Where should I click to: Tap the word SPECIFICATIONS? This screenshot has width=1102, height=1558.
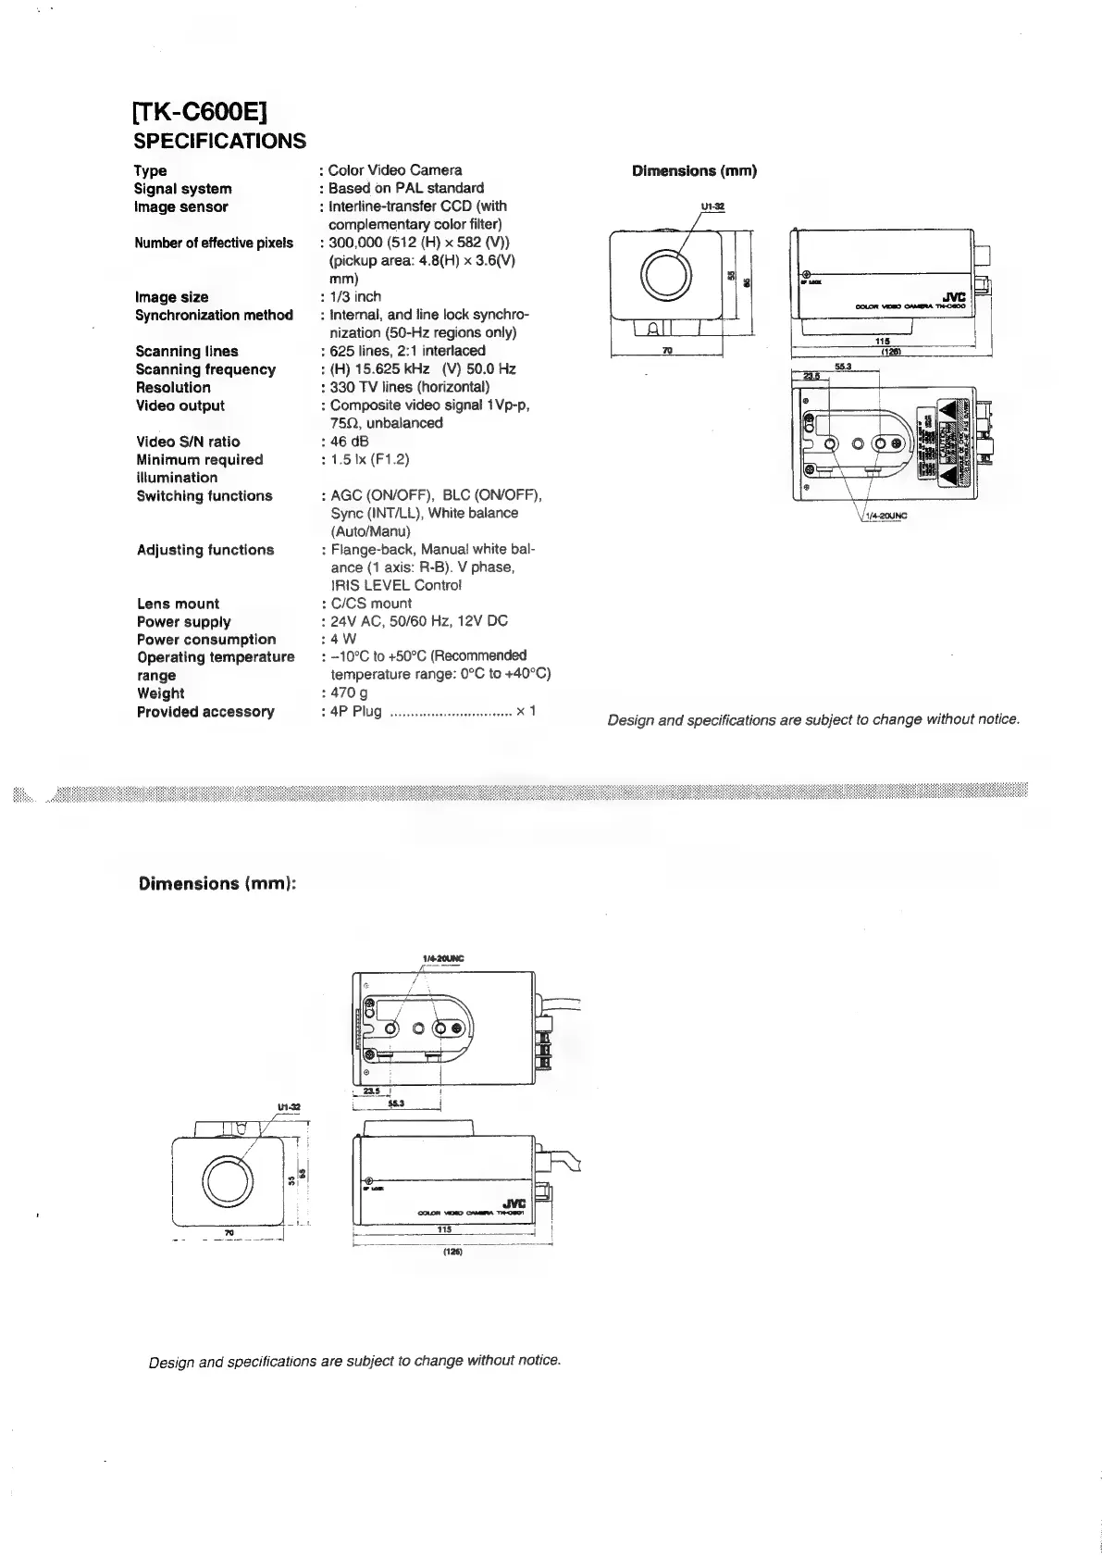(x=220, y=142)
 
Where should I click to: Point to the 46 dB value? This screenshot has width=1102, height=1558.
(x=350, y=442)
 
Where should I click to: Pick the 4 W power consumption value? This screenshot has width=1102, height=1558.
(x=343, y=639)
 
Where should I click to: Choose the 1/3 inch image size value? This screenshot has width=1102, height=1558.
(x=355, y=297)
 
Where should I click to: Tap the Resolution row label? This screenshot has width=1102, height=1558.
(x=173, y=388)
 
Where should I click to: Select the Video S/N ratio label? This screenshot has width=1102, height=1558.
(x=188, y=442)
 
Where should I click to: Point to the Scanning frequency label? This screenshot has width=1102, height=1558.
(x=205, y=370)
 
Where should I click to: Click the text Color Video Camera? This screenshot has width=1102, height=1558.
(x=395, y=170)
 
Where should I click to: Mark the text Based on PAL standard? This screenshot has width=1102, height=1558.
(x=406, y=189)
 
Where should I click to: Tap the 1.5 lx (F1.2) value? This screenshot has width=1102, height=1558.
(x=370, y=459)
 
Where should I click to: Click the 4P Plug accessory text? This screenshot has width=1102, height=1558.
(x=356, y=712)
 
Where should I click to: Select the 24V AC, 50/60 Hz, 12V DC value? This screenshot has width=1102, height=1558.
(x=419, y=621)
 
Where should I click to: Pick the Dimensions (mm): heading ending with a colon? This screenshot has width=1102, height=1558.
(x=217, y=884)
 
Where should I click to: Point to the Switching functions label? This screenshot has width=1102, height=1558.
(x=204, y=496)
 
